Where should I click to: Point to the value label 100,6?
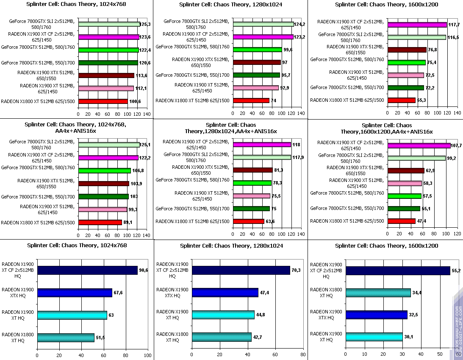coord(135,101)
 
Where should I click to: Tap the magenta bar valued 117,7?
coord(417,25)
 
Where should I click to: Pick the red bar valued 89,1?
coord(100,222)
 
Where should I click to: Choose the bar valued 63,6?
coord(249,221)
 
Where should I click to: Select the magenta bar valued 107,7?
coord(419,145)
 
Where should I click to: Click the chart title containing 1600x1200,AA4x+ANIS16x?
coord(386,128)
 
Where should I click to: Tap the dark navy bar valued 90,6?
coord(87,270)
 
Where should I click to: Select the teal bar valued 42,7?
coord(222,337)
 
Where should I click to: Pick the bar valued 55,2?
coord(398,270)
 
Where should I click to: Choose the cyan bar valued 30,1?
coord(374,337)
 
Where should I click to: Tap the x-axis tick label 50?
coord(439,354)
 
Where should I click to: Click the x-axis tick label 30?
coord(402,354)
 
